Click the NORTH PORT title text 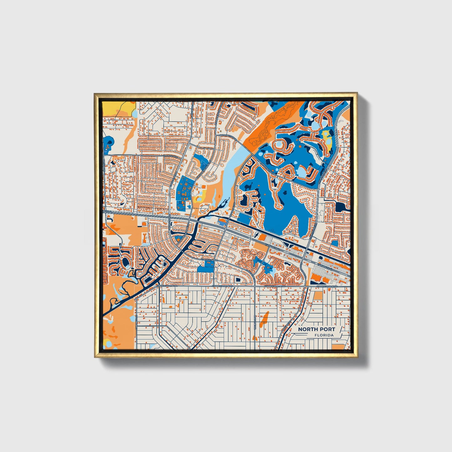(316, 329)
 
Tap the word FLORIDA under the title (324, 335)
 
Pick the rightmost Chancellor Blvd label (327, 286)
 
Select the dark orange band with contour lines (266, 128)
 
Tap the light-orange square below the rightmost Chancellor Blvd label (318, 296)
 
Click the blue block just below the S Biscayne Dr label (205, 268)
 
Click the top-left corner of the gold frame (95, 94)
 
